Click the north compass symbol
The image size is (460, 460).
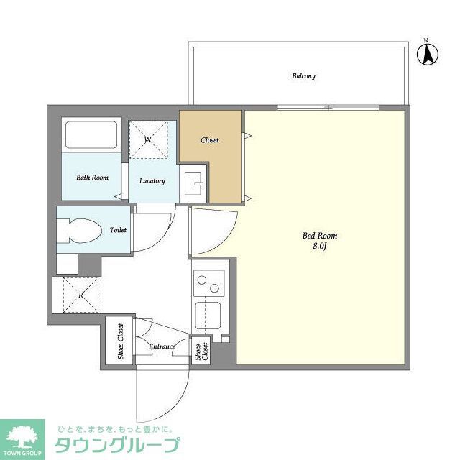coord(429,52)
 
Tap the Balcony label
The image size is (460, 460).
coord(303,76)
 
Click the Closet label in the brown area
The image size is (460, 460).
coord(210,140)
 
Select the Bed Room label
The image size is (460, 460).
coord(320,236)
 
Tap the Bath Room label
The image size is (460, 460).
coord(92,177)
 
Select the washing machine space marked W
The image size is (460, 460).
coord(148,139)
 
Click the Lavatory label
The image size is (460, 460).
coord(152,181)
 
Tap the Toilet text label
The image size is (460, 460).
coord(118,231)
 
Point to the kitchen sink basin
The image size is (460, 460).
coord(208,316)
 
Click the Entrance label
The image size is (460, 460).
coord(162,347)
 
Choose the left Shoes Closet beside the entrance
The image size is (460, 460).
coord(120,341)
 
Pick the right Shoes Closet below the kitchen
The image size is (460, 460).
coord(201,351)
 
